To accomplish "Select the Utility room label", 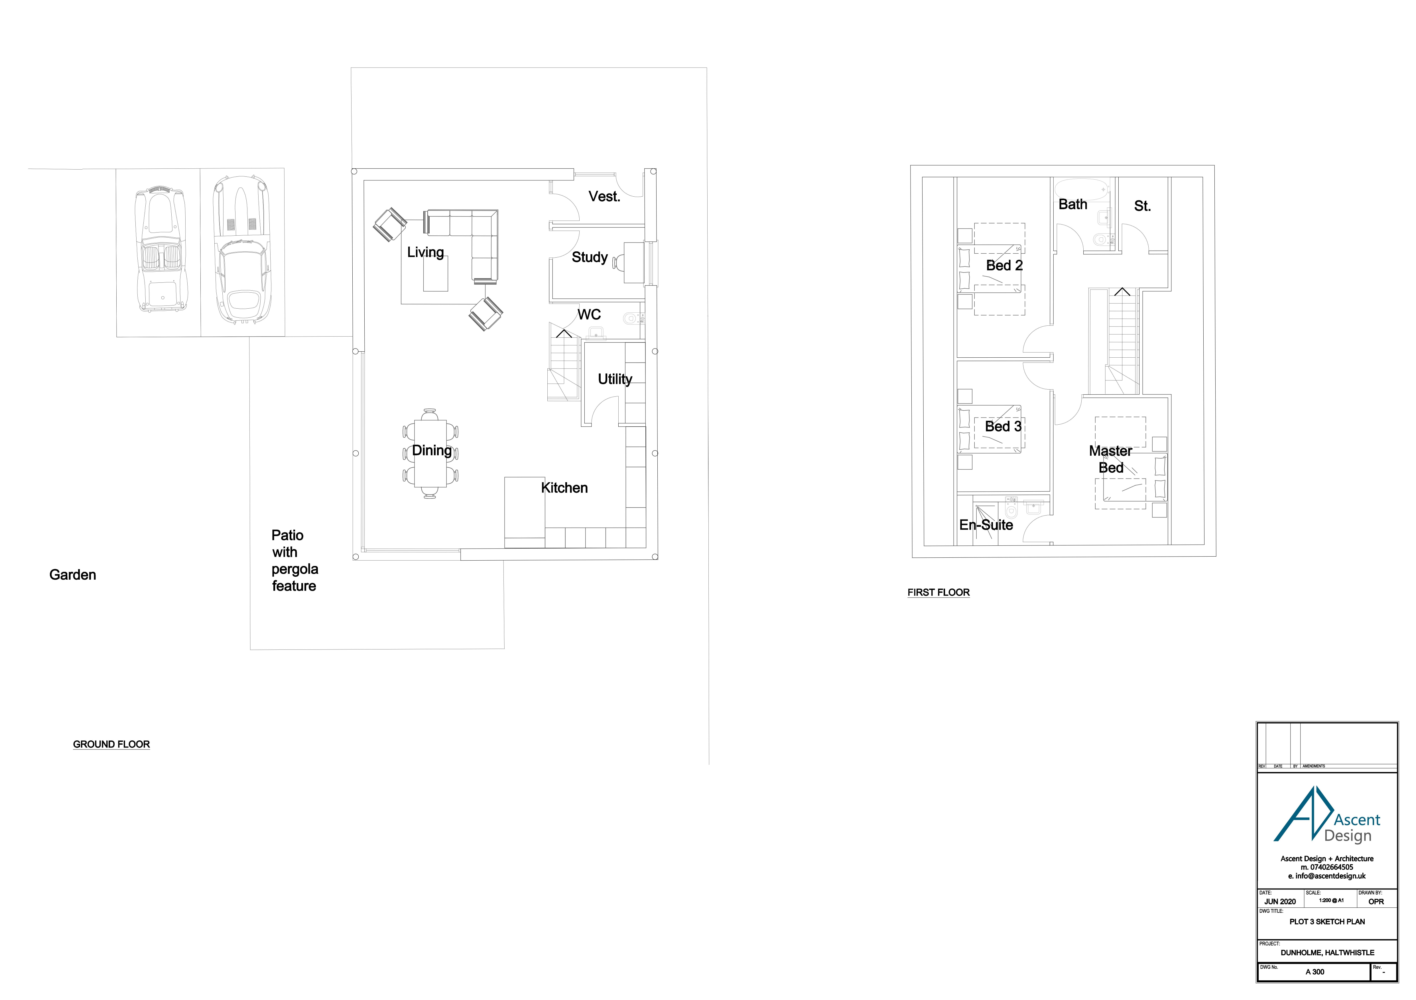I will pyautogui.click(x=614, y=379).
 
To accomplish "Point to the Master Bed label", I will pyautogui.click(x=1110, y=459).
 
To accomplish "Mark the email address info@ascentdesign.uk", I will pyautogui.click(x=1326, y=876).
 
